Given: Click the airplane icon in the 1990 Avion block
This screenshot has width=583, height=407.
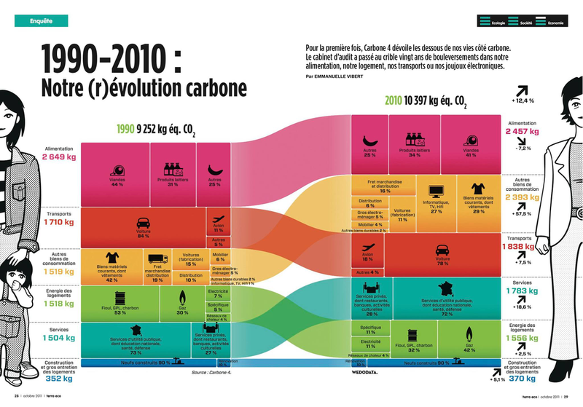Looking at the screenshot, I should (x=217, y=218).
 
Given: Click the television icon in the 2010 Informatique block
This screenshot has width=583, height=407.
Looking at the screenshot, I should (x=437, y=191).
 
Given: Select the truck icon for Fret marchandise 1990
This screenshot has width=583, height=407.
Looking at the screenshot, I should (x=157, y=258).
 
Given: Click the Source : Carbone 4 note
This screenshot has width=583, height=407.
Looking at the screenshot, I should (x=210, y=371).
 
